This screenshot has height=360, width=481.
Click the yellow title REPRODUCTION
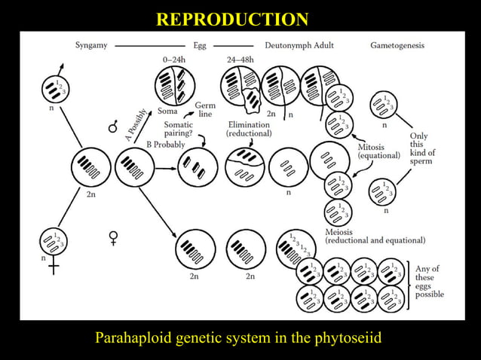point(232,20)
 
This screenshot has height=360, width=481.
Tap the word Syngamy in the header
point(90,45)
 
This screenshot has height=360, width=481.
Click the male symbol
point(113,127)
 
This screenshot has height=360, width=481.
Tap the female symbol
point(114,238)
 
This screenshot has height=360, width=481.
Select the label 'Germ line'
point(205,109)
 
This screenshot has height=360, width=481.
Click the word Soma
point(167,111)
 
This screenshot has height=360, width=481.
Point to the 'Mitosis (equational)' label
point(379,151)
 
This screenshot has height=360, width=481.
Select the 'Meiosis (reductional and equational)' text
point(375,236)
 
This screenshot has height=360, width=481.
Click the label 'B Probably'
point(165,145)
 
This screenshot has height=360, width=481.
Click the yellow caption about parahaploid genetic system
point(238,338)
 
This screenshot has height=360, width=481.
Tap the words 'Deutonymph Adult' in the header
point(299,45)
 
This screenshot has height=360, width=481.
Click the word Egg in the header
point(200,45)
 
